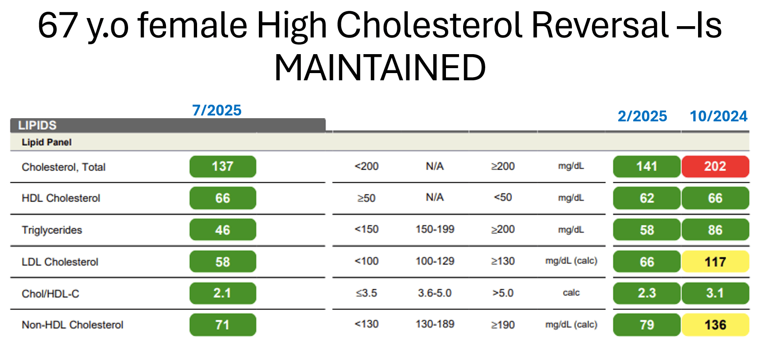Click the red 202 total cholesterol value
point(715,166)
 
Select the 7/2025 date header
point(217,110)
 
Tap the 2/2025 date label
point(642,116)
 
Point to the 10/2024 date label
point(718,116)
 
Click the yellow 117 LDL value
point(715,262)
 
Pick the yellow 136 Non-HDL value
point(715,325)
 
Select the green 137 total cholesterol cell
point(222,166)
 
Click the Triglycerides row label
point(52,230)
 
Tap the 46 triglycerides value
point(222,230)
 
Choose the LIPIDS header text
point(37,125)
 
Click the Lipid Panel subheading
point(46,143)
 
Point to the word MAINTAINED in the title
point(380,68)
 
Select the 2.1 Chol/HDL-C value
point(222,293)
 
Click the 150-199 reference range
point(435,229)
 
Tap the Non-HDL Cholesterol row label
point(72,325)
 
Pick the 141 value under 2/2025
point(646,166)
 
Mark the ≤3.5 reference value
point(366,293)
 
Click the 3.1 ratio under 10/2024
point(715,293)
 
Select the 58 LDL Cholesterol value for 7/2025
point(222,262)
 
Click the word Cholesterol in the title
point(430,25)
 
